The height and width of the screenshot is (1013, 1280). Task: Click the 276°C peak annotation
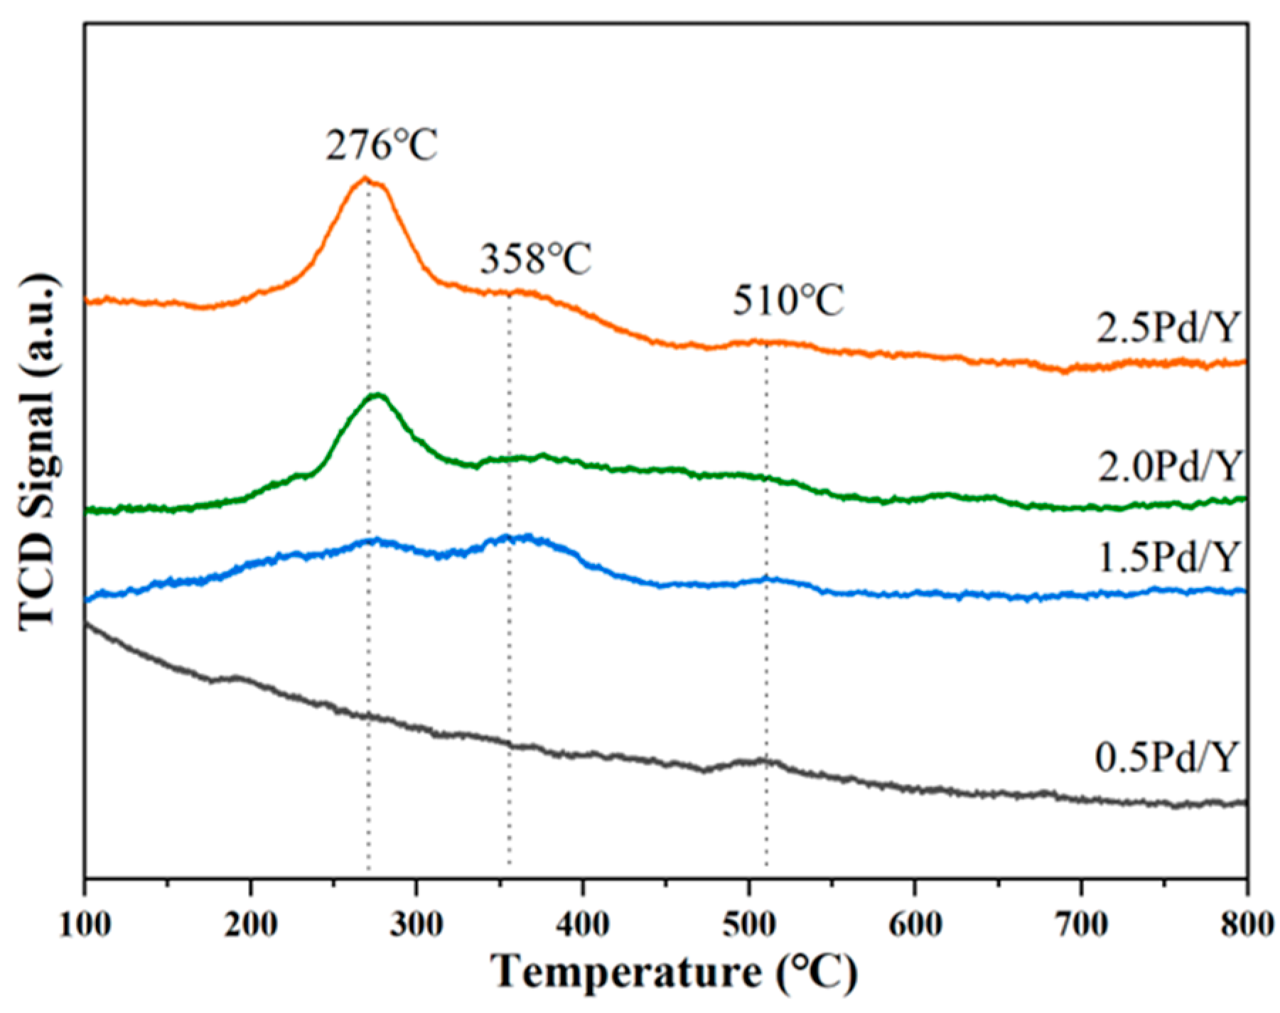[382, 146]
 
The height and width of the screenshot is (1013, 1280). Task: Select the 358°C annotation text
[535, 259]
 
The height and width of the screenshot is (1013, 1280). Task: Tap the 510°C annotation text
[788, 300]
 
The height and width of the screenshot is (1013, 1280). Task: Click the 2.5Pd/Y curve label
[1167, 328]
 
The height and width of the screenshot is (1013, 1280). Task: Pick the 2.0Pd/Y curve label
[1168, 467]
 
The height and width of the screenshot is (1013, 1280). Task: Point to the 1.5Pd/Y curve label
[1168, 557]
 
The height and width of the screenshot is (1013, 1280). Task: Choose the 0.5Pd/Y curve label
[1166, 757]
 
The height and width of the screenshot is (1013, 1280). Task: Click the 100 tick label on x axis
[85, 925]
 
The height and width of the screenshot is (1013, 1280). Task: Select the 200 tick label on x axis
[250, 925]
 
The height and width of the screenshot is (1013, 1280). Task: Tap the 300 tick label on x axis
[416, 925]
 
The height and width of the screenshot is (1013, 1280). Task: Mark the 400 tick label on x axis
[583, 925]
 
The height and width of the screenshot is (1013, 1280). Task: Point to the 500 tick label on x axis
[748, 925]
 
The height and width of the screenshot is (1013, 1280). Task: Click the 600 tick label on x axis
[915, 925]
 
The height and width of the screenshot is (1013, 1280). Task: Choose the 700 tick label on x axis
[1081, 925]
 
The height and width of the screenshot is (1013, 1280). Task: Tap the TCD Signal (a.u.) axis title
[37, 451]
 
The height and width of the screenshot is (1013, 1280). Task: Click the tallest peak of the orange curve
[365, 178]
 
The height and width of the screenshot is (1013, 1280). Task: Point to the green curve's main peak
[377, 395]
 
